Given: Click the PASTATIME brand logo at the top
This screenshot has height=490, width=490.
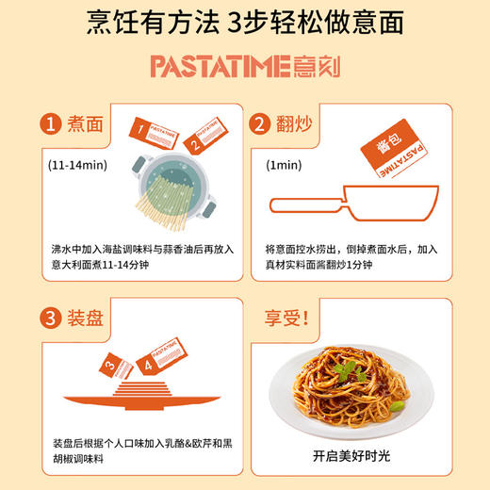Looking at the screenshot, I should [x=244, y=66].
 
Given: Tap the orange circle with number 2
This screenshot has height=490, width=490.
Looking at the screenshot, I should [x=259, y=123].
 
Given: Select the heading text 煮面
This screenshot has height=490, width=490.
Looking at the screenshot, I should [x=85, y=123].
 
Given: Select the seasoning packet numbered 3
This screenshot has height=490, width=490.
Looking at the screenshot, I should [x=118, y=363].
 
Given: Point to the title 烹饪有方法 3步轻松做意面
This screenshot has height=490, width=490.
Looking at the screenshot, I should [x=244, y=24].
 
